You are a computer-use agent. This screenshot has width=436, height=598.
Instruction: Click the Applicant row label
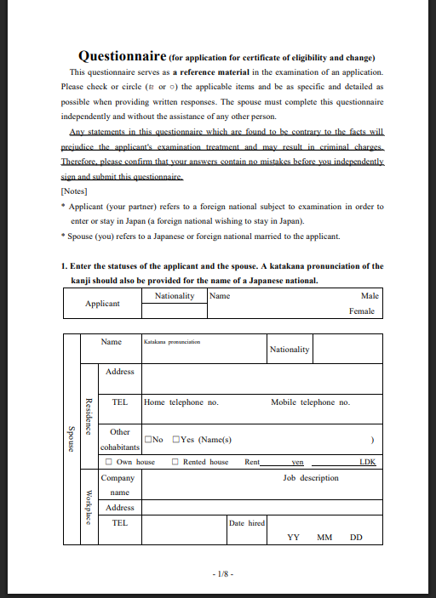click(102, 304)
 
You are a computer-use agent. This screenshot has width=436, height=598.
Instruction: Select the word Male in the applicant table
click(370, 296)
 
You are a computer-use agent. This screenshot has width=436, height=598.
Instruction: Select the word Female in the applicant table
click(363, 311)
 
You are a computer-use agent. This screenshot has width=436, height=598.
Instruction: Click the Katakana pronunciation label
click(172, 342)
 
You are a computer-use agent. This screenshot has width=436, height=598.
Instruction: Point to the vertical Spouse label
click(71, 439)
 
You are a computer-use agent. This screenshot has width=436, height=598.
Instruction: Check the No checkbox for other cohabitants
click(149, 440)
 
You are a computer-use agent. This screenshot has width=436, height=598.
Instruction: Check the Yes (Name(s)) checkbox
click(175, 440)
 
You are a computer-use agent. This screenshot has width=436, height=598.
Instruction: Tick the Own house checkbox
click(108, 462)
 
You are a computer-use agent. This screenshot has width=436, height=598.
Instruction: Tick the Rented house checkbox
click(175, 462)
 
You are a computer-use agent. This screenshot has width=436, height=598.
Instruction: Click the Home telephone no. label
click(181, 402)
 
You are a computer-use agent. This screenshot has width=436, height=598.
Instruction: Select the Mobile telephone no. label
click(310, 402)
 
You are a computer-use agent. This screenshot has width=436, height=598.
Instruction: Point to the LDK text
click(367, 462)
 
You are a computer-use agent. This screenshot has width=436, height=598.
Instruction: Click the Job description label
click(310, 478)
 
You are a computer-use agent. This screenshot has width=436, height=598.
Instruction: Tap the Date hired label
click(247, 523)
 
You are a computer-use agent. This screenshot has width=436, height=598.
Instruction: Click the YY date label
click(294, 538)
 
